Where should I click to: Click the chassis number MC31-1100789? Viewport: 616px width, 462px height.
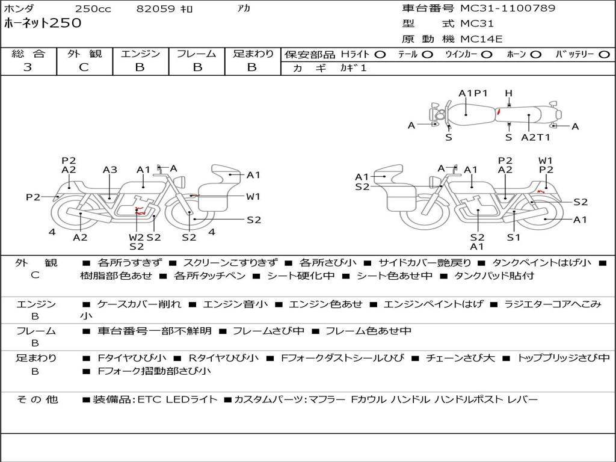[508, 8]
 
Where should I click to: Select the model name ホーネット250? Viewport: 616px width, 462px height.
[43, 23]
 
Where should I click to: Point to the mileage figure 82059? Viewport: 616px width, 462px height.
[155, 8]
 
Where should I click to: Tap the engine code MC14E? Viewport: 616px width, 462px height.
[481, 39]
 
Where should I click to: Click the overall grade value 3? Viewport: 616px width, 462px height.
[28, 67]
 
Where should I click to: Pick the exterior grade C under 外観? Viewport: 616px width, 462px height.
[84, 67]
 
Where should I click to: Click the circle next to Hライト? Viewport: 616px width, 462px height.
[380, 55]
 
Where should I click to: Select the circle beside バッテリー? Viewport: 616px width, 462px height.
[604, 55]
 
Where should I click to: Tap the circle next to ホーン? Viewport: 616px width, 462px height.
[536, 55]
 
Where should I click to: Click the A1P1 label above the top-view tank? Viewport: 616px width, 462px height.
[473, 93]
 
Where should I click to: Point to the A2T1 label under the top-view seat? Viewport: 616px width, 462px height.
[535, 138]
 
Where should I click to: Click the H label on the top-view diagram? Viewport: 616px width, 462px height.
[509, 93]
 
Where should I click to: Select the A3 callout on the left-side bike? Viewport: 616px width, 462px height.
[110, 170]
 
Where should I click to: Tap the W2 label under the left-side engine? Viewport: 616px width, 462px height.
[137, 237]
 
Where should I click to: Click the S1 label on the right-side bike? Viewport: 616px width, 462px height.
[514, 237]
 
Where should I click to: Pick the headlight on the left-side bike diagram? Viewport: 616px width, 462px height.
[180, 182]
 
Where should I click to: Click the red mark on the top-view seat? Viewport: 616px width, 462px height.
[499, 112]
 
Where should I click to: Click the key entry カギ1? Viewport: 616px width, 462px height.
[353, 68]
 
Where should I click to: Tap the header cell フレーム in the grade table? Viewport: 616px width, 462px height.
[197, 54]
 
